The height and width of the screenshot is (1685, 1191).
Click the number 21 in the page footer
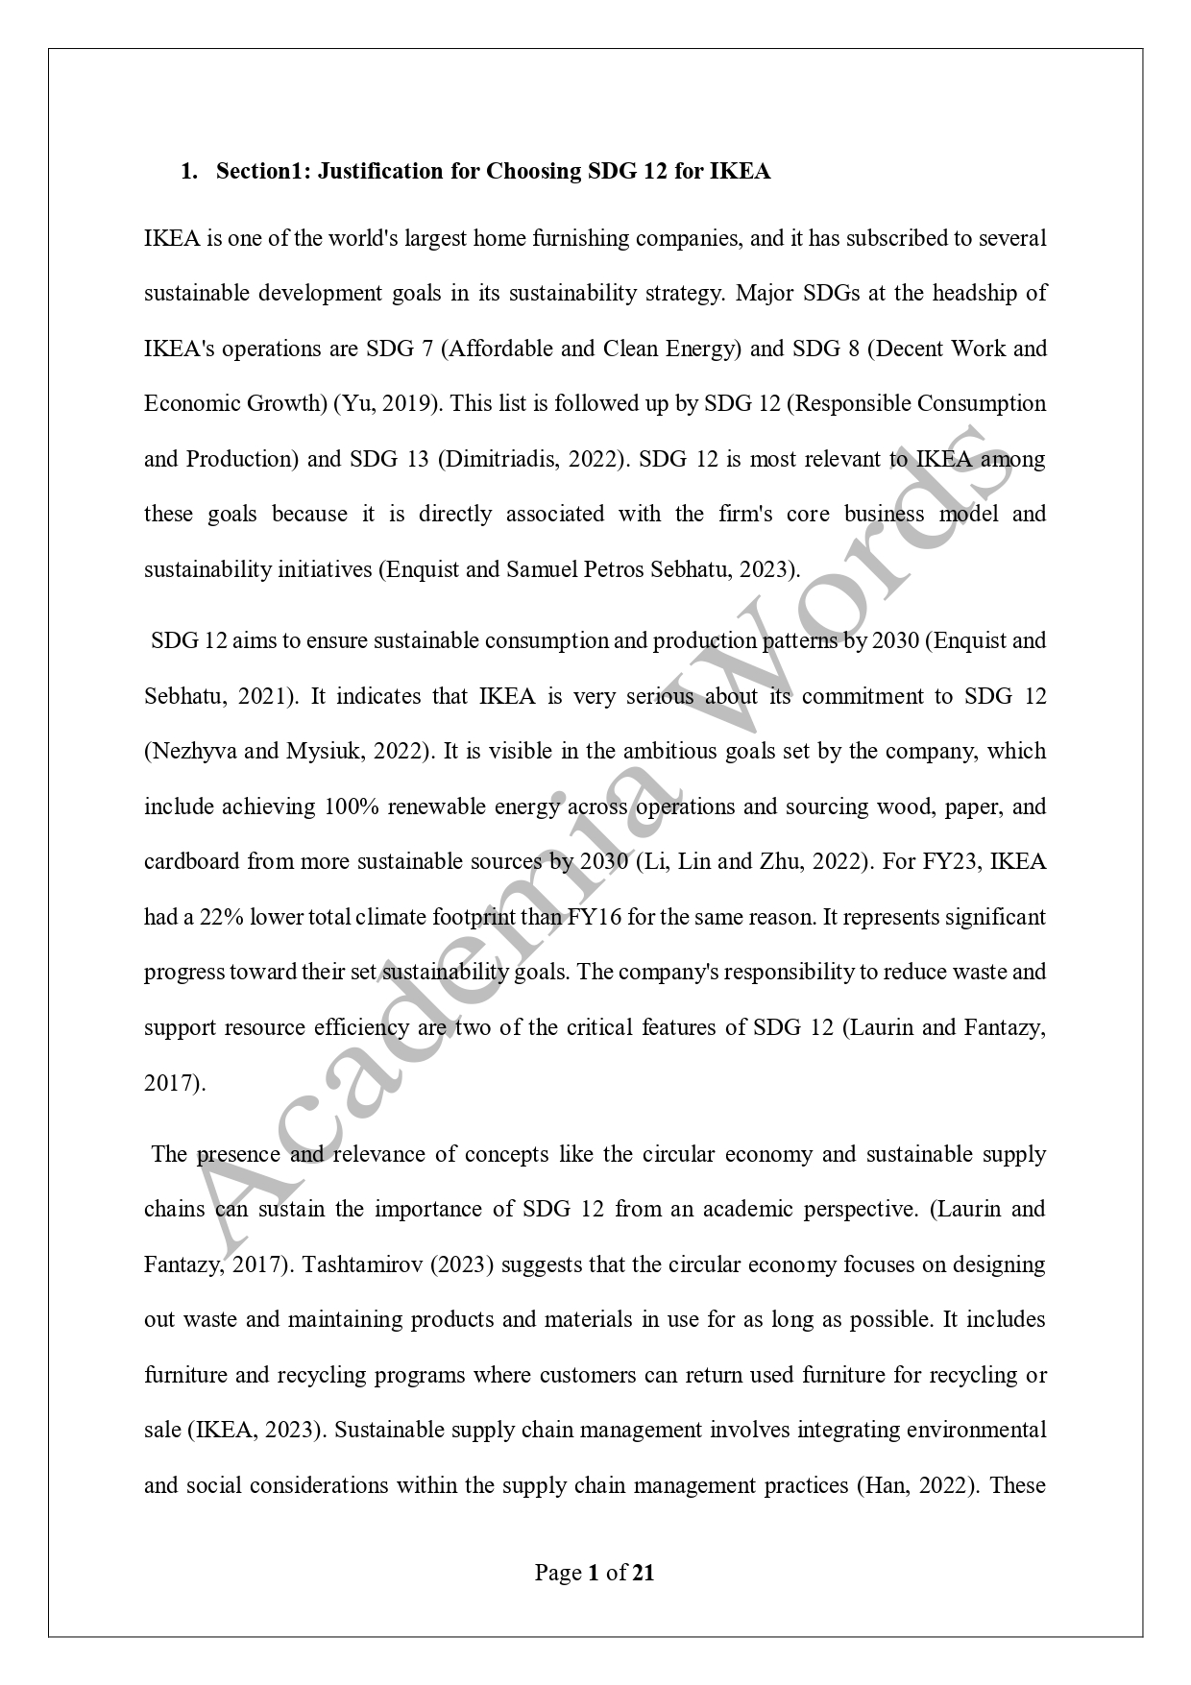(644, 1573)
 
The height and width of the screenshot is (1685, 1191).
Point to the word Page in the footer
(557, 1573)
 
